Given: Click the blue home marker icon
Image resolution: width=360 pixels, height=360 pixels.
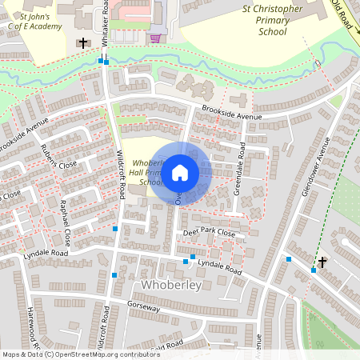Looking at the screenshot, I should [180, 172].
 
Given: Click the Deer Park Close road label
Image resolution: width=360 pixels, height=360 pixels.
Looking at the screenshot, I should [209, 234].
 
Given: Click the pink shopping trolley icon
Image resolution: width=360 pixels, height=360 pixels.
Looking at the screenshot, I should [155, 38].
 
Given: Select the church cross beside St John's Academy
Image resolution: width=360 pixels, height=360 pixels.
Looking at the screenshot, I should [83, 42].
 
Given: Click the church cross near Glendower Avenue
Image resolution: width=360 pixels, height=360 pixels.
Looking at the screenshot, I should [322, 262].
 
